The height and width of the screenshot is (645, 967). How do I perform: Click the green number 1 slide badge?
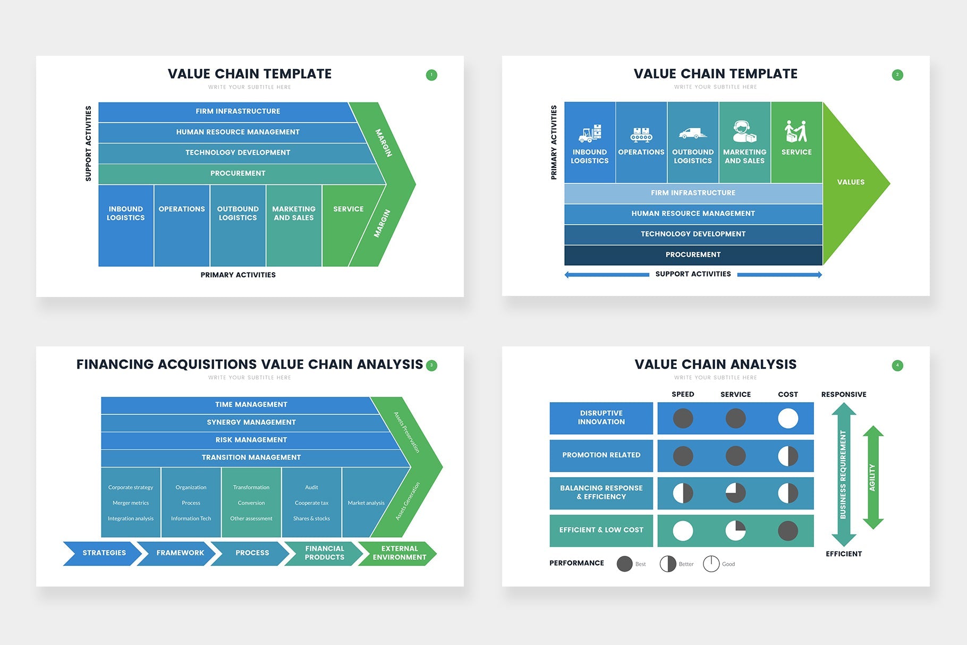point(431,75)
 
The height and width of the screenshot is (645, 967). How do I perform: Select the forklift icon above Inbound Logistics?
point(590,134)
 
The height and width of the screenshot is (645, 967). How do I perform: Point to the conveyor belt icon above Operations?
point(641,134)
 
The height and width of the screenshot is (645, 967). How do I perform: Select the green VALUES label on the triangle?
point(851,182)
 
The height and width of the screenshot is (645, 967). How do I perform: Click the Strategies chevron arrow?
point(104,553)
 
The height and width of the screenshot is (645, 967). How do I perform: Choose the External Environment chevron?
point(399,553)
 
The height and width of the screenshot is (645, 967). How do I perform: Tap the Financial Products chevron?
point(324,553)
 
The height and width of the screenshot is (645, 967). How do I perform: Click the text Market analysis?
point(366,503)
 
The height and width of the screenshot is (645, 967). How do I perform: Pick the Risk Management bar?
point(251,440)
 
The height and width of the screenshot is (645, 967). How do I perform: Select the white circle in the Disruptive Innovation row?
point(788,419)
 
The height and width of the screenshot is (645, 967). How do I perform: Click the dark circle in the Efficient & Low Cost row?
point(788,531)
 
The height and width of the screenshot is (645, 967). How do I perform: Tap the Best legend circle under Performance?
point(625,564)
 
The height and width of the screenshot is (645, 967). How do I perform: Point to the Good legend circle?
point(711,564)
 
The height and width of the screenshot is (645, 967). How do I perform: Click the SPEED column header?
point(683,394)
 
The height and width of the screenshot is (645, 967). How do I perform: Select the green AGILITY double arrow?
point(872,477)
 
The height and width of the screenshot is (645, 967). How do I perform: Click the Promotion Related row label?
point(601,455)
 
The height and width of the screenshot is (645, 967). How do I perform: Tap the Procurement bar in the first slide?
point(237,174)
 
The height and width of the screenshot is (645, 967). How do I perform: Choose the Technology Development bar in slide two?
point(693,234)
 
